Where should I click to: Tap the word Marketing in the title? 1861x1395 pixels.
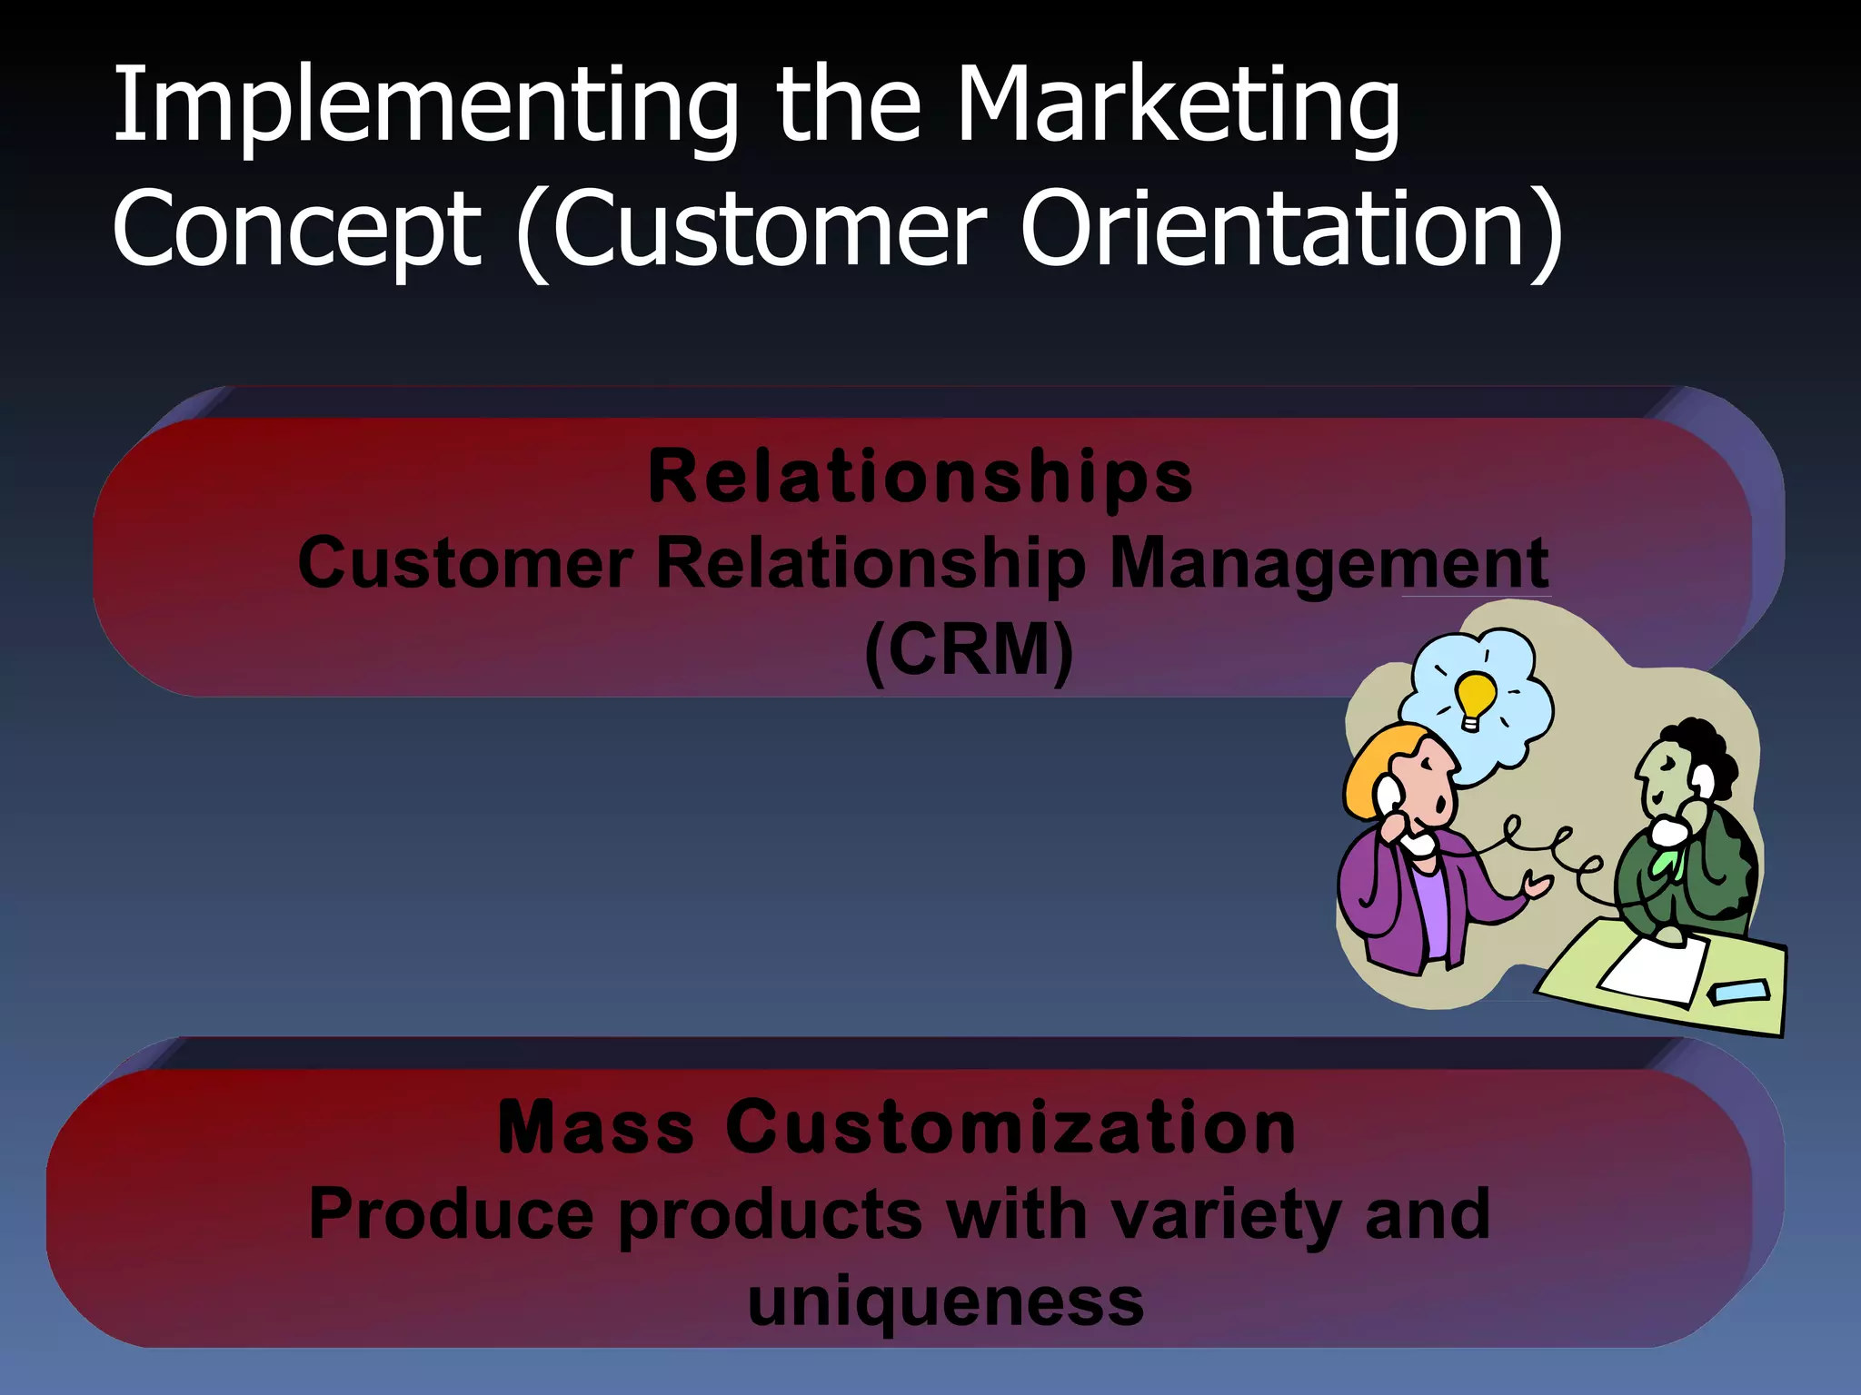tap(1178, 107)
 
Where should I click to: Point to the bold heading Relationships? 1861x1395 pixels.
tap(920, 477)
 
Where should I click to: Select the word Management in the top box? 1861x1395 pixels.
tap(1329, 563)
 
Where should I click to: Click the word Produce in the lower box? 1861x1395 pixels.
tap(452, 1215)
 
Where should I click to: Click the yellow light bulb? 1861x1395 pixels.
tap(1474, 697)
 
